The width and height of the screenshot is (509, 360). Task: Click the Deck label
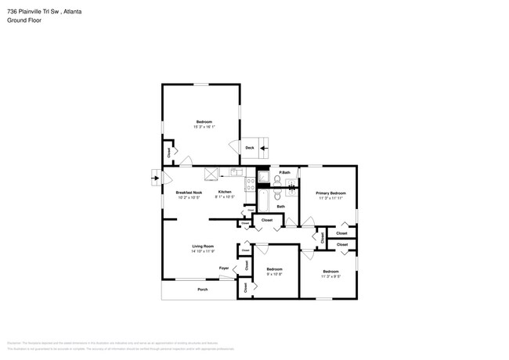tap(249, 148)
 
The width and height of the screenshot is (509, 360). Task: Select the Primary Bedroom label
tap(331, 193)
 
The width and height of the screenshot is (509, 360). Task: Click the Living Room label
tap(204, 247)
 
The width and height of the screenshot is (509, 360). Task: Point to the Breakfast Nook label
tap(189, 193)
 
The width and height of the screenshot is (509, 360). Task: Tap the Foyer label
tap(224, 267)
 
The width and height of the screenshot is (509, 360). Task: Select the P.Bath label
tap(285, 172)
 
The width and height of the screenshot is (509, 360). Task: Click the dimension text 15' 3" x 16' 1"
tap(204, 128)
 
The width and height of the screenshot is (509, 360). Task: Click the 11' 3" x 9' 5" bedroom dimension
tap(331, 275)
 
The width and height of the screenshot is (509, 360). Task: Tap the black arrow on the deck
tap(264, 147)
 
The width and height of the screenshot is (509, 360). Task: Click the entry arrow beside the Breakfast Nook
tap(153, 177)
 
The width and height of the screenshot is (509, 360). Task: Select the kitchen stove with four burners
tap(251, 185)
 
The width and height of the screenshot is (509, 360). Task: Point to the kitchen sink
tap(234, 172)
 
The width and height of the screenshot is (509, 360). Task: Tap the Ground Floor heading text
tap(23, 21)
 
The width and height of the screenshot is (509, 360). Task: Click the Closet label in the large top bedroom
tap(168, 153)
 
